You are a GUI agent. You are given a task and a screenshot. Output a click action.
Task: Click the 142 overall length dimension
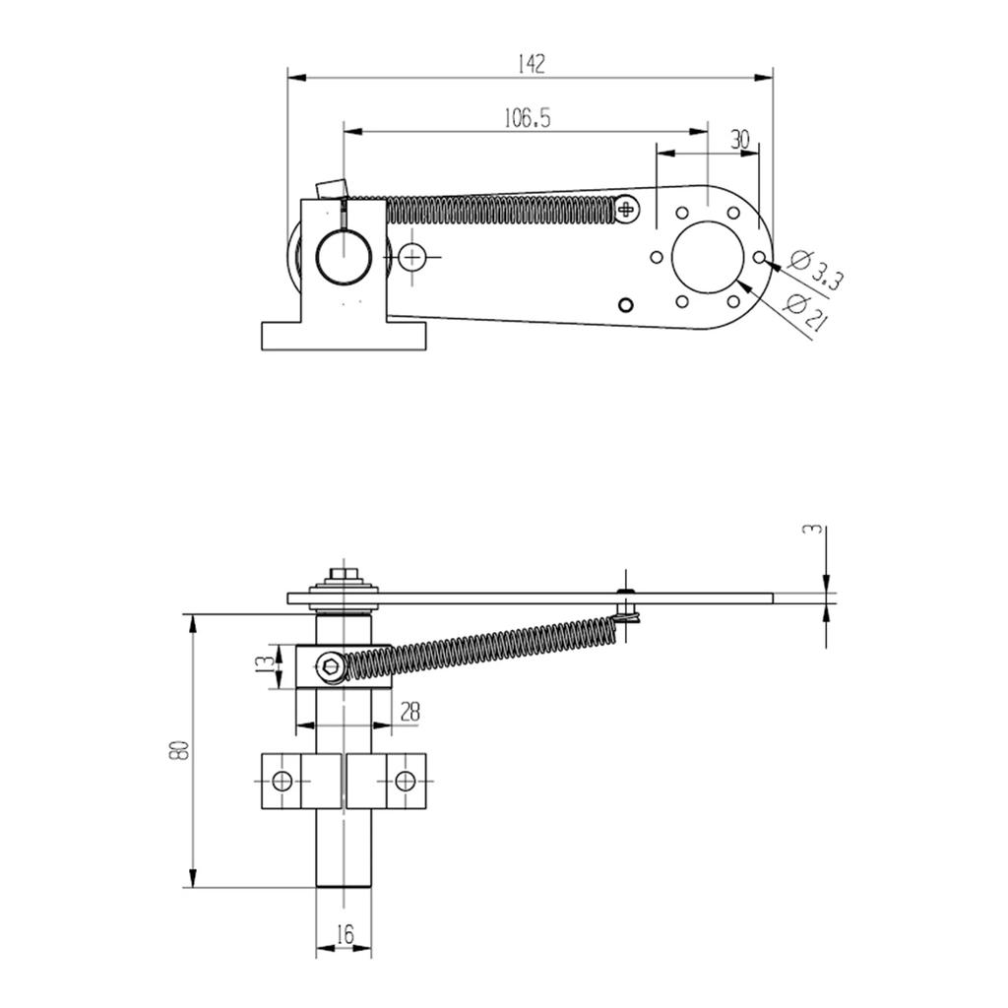tap(531, 64)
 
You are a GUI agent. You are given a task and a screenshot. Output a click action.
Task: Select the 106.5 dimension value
tap(527, 118)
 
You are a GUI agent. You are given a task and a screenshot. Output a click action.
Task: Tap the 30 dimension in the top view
tap(740, 140)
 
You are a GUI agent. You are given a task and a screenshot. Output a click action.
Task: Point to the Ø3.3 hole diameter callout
tap(816, 270)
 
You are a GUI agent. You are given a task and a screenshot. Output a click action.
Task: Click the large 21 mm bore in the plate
tap(707, 256)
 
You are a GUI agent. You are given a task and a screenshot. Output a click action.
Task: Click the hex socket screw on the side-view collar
tap(333, 667)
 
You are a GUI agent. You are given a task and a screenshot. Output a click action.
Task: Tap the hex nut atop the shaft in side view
tap(344, 572)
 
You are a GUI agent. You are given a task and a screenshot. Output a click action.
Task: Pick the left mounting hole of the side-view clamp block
tap(283, 782)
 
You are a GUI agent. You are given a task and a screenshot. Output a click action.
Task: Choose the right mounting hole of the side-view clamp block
tap(405, 782)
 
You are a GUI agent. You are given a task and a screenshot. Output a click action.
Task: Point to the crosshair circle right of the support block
tap(412, 257)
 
